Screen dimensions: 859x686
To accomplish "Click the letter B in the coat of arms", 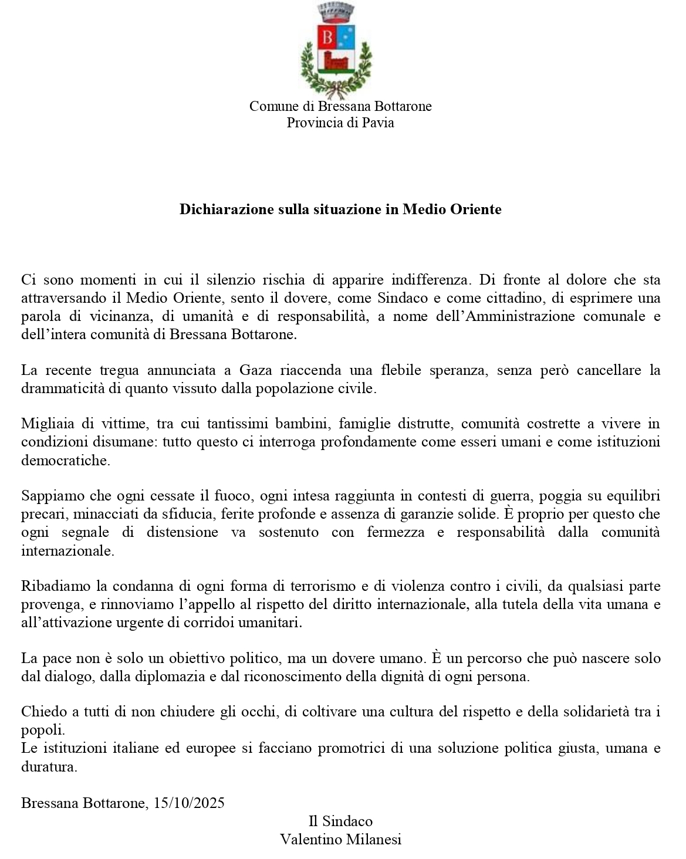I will pyautogui.click(x=327, y=38).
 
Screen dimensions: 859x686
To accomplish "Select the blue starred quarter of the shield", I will pyautogui.click(x=346, y=37).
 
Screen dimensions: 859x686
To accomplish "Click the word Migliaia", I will pyautogui.click(x=46, y=424).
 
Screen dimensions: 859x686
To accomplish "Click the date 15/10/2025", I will pyautogui.click(x=188, y=803).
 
